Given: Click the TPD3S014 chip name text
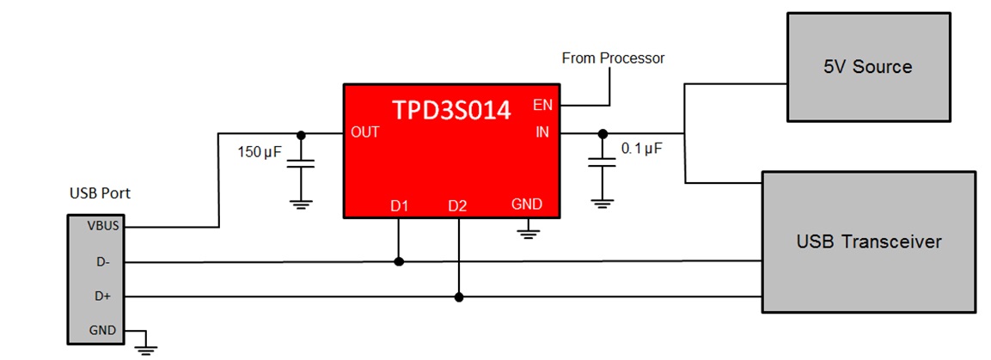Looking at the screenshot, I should pos(451,110).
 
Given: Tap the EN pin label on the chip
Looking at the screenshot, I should pos(542,106).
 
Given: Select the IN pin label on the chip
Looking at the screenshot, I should pos(542,133).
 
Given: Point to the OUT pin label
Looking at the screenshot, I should pos(365,133).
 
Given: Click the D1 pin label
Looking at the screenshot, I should pos(399,205).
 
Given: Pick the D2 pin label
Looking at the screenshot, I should pos(458,205).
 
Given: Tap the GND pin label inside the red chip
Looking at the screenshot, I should pos(526,205).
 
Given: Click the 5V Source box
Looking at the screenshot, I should pos(869,66).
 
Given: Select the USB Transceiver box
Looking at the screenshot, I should pos(869,241).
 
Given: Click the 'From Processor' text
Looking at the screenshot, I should pos(613,58).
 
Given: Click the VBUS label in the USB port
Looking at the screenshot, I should pos(102,227).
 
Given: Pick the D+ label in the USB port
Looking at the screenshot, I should pos(102,296).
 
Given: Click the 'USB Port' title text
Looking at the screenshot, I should pos(100,193).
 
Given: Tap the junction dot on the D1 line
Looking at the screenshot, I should pos(399,262).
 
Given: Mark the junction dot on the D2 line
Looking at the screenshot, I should pos(459,297).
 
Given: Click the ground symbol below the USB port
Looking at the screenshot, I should pos(146,346).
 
